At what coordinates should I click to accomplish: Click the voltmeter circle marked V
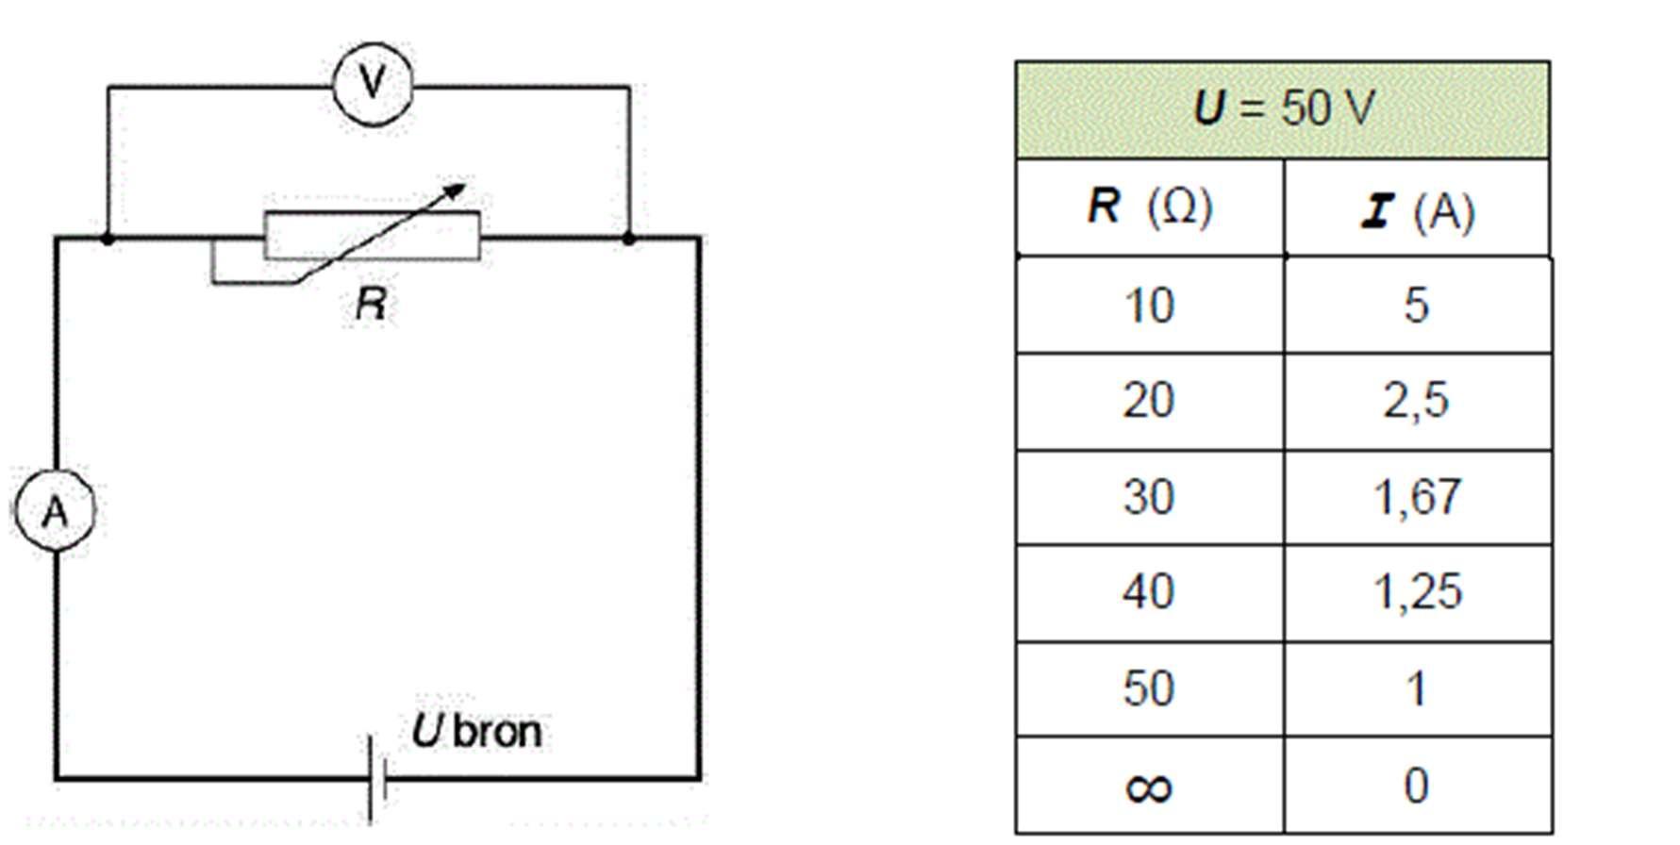tap(373, 84)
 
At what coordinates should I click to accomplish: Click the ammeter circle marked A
tap(55, 510)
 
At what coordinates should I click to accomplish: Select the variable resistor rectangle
tap(372, 236)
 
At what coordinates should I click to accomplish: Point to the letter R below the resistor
tap(371, 304)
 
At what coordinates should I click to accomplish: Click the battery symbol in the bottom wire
tap(376, 779)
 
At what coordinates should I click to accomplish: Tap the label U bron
tap(477, 732)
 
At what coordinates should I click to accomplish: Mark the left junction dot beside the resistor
tap(108, 239)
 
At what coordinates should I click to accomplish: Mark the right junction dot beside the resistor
tap(629, 239)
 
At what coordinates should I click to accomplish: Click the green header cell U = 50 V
tap(1282, 109)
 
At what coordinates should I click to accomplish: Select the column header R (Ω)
tap(1149, 207)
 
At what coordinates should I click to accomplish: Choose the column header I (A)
tap(1417, 210)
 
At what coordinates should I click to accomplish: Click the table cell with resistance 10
tap(1149, 306)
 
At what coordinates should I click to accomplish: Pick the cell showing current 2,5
tap(1417, 401)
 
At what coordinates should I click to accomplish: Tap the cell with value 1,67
tap(1417, 497)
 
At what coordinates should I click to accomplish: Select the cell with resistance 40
tap(1149, 592)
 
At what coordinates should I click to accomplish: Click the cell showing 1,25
tap(1417, 592)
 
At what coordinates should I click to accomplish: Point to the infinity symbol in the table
tap(1149, 787)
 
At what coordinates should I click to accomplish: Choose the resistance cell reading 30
tap(1149, 497)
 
